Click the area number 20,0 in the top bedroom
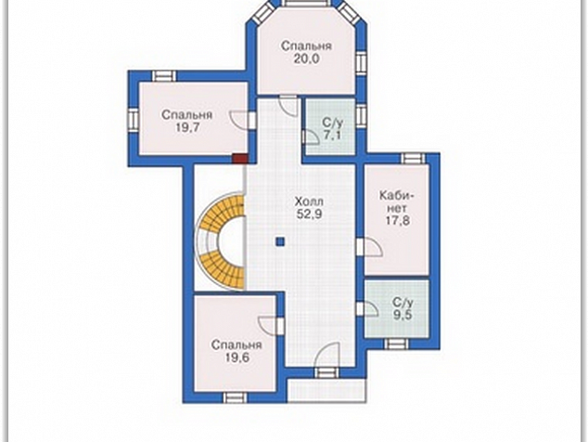[306, 58]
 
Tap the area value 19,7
[186, 127]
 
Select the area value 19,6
[236, 357]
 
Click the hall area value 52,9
[310, 214]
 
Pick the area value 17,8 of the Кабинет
[398, 220]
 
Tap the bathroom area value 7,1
[333, 136]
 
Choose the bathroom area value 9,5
[403, 314]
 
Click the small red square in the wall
[239, 159]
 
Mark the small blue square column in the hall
[280, 242]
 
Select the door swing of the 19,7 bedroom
[238, 121]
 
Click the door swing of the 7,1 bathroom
[311, 137]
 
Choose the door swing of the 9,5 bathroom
[371, 308]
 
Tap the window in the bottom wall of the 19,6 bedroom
[236, 397]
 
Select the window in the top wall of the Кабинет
[414, 158]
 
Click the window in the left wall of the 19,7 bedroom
[134, 120]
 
